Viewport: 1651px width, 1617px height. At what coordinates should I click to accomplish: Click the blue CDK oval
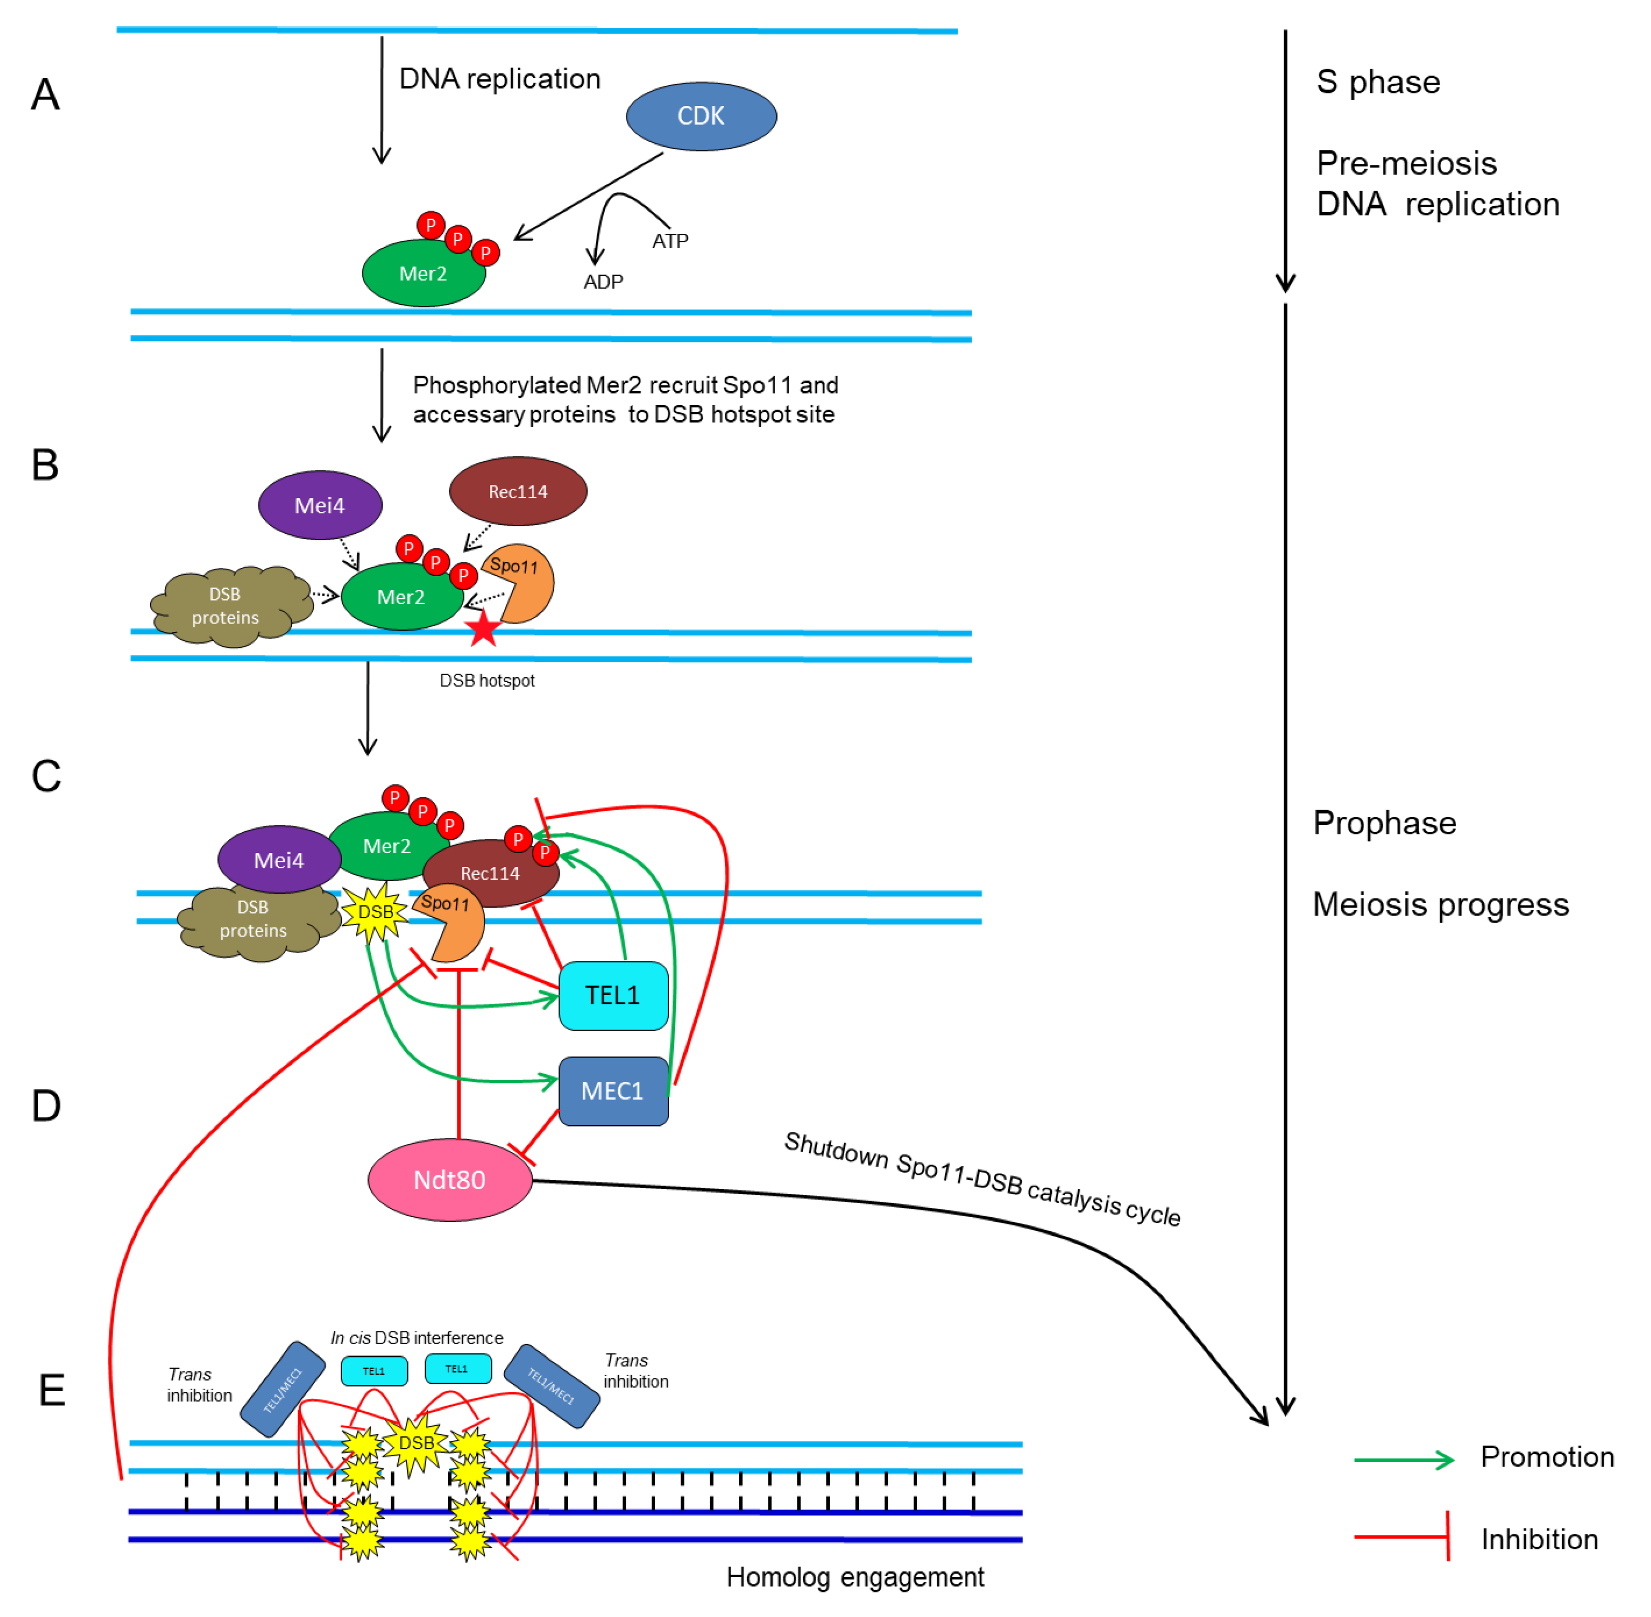(x=701, y=116)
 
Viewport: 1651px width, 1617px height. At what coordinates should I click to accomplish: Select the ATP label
(x=670, y=241)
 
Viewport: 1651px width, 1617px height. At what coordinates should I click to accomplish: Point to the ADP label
(x=603, y=282)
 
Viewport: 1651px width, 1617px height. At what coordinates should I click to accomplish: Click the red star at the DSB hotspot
(x=483, y=629)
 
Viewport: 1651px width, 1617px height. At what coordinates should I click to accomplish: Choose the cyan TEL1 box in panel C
(x=613, y=996)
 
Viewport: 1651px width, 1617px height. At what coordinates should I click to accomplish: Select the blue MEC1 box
(x=613, y=1091)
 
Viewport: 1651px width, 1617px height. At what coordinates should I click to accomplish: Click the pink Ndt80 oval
(x=450, y=1179)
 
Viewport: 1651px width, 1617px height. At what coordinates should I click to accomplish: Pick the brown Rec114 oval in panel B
(x=518, y=492)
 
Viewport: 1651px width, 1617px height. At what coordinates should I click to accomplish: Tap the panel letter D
(x=46, y=1106)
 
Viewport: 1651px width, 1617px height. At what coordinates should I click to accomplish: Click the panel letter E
(x=52, y=1390)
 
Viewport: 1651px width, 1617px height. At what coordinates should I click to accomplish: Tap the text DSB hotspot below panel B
(x=487, y=680)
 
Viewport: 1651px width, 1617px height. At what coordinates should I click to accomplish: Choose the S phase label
(x=1378, y=82)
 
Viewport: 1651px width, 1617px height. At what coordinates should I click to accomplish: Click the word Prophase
(x=1384, y=823)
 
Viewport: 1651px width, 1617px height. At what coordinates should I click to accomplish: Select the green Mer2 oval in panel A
(x=423, y=273)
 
